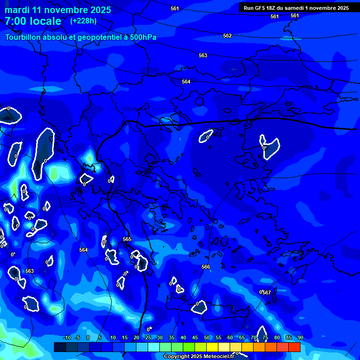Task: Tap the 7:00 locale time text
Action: point(33,21)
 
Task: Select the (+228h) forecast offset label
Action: point(83,21)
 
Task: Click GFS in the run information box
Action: point(262,8)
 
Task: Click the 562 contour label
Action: point(227,36)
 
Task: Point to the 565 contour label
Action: point(127,239)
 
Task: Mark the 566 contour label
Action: point(206,267)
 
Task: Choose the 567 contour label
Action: point(267,292)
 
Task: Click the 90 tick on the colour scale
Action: point(300,337)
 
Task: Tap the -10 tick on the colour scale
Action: point(67,337)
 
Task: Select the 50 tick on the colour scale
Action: point(206,337)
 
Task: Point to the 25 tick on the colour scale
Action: point(148,337)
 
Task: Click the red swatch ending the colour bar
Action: point(294,347)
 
